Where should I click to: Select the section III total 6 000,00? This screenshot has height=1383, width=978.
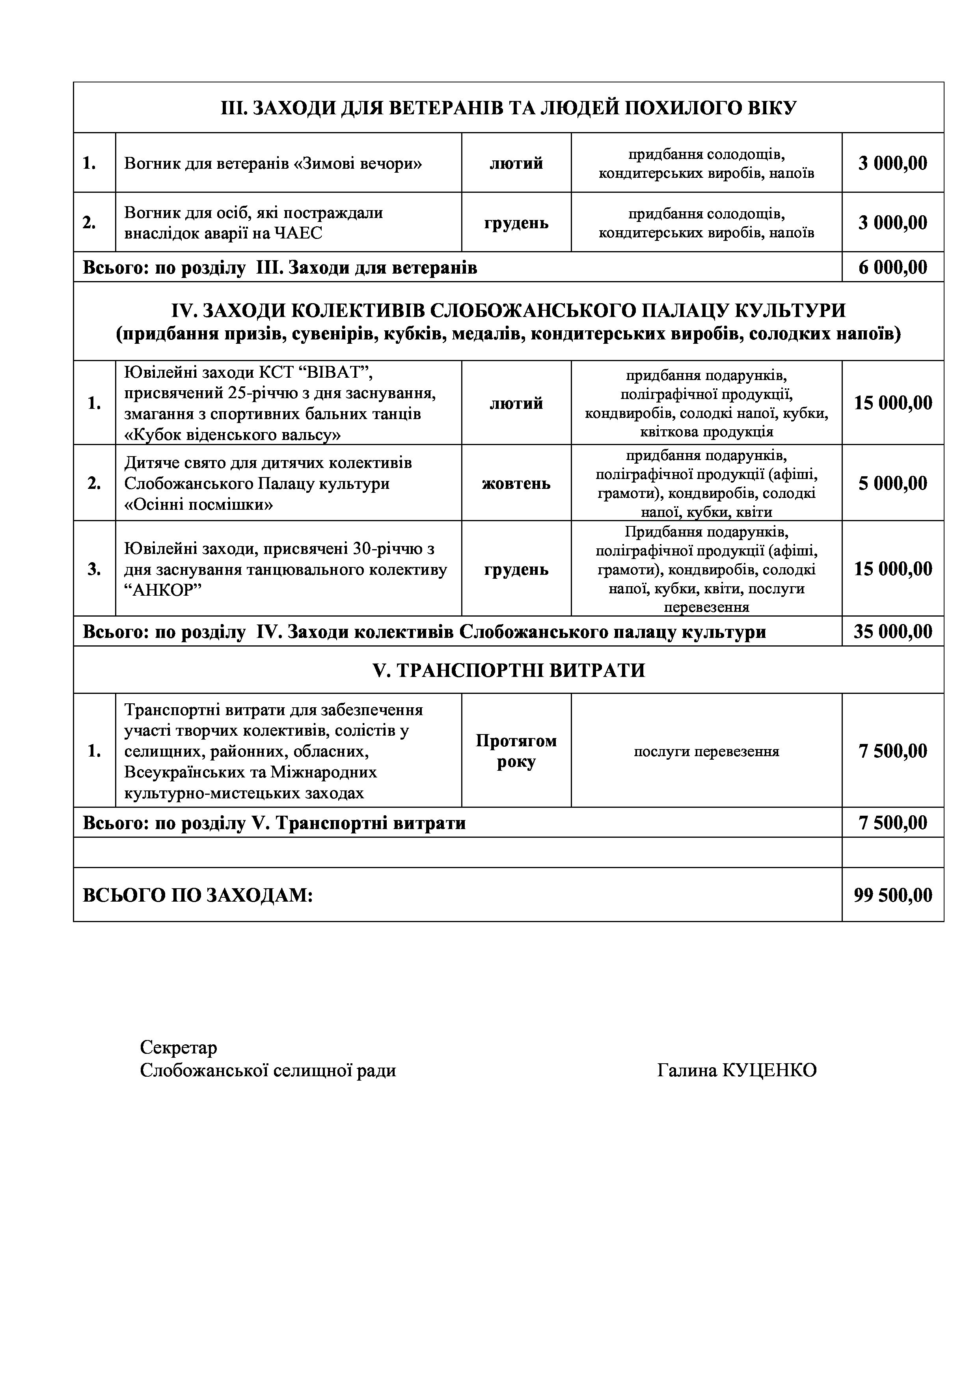[892, 267]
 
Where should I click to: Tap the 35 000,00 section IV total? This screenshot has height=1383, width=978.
[892, 632]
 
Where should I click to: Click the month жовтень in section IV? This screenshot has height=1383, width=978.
[516, 483]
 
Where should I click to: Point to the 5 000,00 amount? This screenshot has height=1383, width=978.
[892, 483]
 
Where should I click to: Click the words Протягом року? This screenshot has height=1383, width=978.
[516, 751]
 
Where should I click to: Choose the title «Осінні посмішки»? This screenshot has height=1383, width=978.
[199, 505]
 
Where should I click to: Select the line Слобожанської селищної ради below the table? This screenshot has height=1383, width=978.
[268, 1070]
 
